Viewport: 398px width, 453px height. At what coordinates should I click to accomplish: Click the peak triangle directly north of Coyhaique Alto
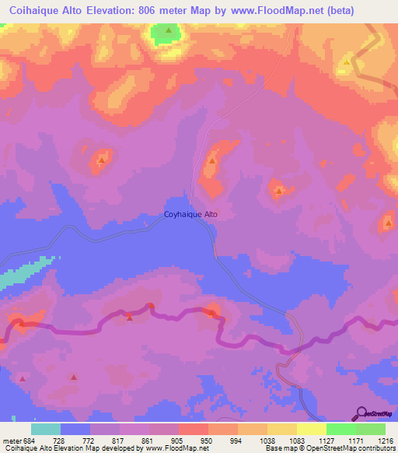tap(211, 161)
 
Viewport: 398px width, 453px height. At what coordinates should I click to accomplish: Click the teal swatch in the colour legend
tap(46, 429)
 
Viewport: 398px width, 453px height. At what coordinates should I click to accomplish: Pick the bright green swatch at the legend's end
tap(371, 429)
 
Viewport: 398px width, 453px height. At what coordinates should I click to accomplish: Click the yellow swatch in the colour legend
tap(312, 429)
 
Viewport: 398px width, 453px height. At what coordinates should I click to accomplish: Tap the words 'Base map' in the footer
tap(278, 448)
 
